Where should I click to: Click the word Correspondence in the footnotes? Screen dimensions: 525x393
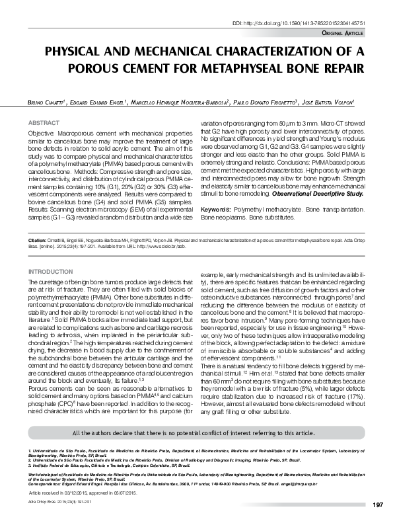click(45, 483)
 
